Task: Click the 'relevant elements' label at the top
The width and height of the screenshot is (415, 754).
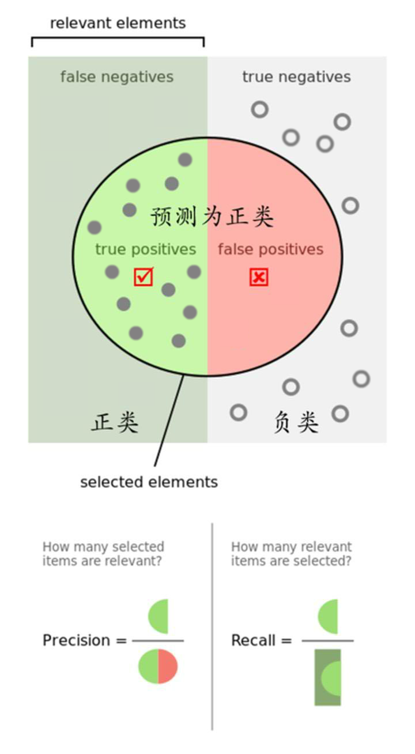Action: click(x=118, y=23)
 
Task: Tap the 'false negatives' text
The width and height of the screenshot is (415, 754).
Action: click(x=116, y=77)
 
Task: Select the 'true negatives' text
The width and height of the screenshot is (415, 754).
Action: click(x=296, y=77)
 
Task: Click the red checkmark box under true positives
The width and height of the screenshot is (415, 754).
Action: click(x=144, y=277)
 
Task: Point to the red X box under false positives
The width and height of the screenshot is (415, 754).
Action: click(x=259, y=277)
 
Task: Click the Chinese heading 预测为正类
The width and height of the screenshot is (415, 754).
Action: click(x=212, y=217)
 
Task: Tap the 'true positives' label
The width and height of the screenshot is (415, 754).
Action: click(x=145, y=249)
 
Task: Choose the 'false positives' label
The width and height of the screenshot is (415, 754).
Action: click(x=270, y=249)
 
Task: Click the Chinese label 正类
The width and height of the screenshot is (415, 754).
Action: click(x=115, y=422)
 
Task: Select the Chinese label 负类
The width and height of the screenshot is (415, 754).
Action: click(x=296, y=422)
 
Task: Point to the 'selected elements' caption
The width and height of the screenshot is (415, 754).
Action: click(x=149, y=482)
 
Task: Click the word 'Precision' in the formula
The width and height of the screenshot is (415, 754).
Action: click(x=76, y=640)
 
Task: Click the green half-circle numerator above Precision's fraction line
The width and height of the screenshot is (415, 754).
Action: click(x=159, y=616)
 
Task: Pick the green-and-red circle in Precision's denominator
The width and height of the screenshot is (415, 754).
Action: click(x=158, y=667)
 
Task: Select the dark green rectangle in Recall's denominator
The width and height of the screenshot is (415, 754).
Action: click(x=327, y=677)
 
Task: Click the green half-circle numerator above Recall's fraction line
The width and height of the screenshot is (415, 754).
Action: click(x=328, y=616)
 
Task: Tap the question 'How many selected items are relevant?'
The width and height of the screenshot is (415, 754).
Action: click(x=103, y=554)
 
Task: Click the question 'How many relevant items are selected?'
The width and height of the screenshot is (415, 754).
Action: click(x=291, y=554)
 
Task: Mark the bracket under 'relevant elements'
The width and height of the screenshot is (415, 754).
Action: click(x=118, y=39)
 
